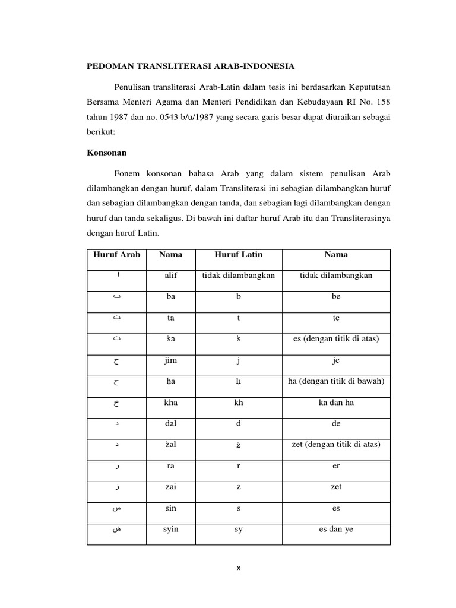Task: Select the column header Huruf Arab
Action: click(x=116, y=255)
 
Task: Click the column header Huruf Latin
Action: click(x=238, y=255)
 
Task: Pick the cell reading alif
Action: click(x=171, y=275)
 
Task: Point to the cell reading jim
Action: click(x=171, y=360)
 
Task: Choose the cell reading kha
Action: click(x=171, y=403)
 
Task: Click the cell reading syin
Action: click(x=171, y=529)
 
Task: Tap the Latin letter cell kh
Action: click(x=238, y=403)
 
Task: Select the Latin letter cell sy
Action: click(x=238, y=529)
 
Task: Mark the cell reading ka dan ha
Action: click(x=336, y=403)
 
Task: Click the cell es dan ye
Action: click(x=336, y=529)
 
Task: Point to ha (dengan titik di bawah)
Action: click(x=336, y=381)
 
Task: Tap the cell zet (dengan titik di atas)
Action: click(x=336, y=445)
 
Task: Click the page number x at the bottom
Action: click(x=237, y=568)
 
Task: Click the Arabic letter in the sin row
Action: click(x=116, y=509)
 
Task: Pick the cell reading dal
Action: click(x=171, y=424)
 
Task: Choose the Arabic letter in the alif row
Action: click(x=116, y=275)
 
